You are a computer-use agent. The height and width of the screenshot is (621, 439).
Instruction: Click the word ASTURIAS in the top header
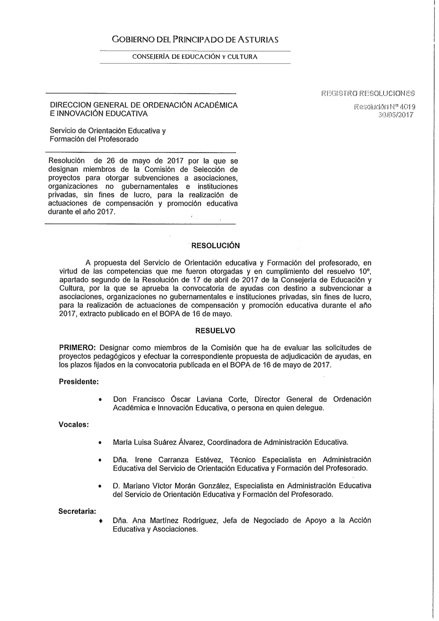click(259, 40)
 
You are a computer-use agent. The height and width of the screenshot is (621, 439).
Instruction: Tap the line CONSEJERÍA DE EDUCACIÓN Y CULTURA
click(195, 57)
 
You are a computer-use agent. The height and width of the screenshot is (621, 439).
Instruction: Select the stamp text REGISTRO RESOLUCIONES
click(368, 93)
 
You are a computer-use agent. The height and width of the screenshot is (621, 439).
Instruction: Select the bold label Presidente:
click(79, 382)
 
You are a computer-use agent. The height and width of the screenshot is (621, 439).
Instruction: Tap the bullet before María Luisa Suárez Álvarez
click(101, 442)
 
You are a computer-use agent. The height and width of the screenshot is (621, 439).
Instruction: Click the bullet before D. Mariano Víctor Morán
click(101, 486)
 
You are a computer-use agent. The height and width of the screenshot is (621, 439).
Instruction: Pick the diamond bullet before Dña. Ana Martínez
click(101, 521)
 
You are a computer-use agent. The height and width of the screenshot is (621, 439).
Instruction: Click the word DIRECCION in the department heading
click(71, 105)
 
